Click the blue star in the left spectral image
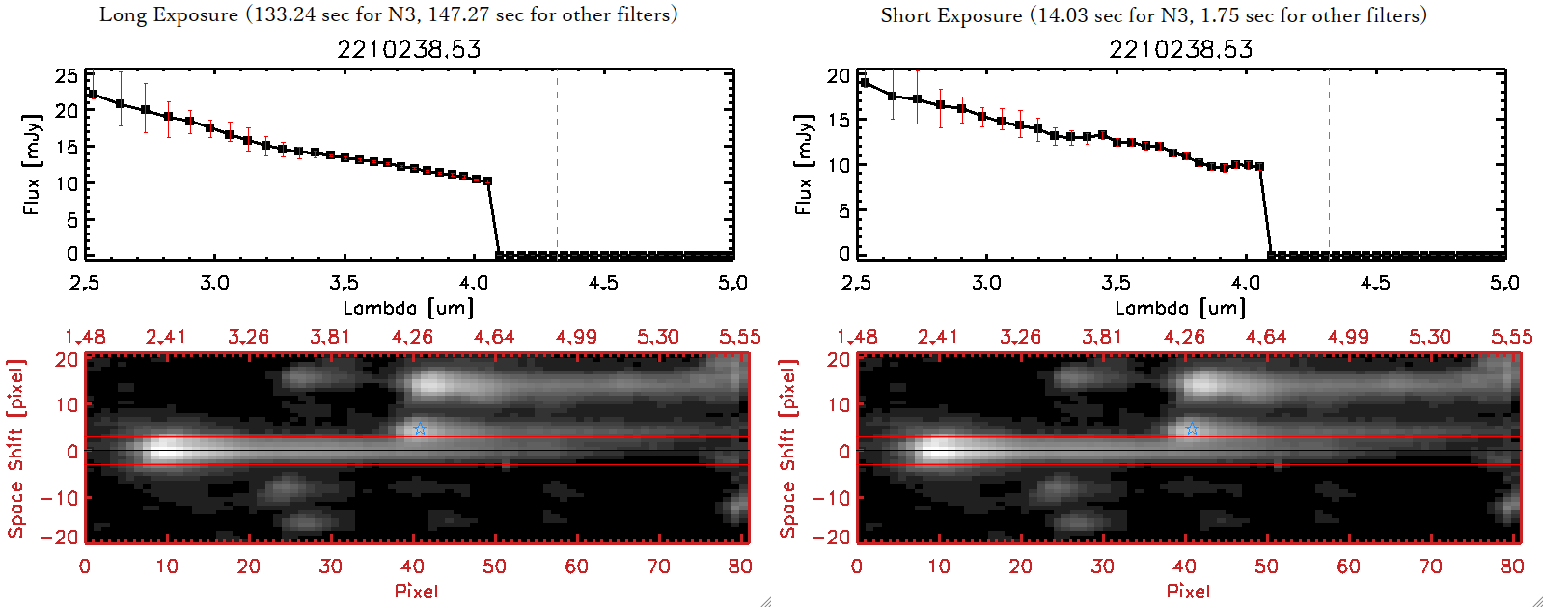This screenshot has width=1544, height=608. coord(420,428)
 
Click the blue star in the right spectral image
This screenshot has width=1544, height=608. coord(1192,428)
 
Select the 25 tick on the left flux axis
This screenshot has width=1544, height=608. coord(67,75)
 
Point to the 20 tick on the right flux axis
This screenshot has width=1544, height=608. coord(839,75)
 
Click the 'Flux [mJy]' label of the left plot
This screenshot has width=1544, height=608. coord(32,164)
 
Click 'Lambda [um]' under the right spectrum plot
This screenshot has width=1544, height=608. coord(1180,308)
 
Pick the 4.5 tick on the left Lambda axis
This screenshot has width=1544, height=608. coord(603,283)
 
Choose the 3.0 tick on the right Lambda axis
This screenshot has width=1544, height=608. coord(986,283)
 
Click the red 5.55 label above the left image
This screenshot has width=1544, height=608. coord(739,337)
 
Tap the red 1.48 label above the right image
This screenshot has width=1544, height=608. coord(857,337)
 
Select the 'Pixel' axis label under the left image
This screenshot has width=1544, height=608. coord(416,591)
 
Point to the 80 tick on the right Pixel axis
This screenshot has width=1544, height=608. coord(1512,567)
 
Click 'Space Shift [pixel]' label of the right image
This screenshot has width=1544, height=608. coord(788,449)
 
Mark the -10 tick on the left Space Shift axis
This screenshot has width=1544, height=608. coord(59,497)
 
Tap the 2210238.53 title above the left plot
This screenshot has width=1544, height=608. coord(408,49)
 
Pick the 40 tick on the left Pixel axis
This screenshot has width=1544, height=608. coord(412,567)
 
